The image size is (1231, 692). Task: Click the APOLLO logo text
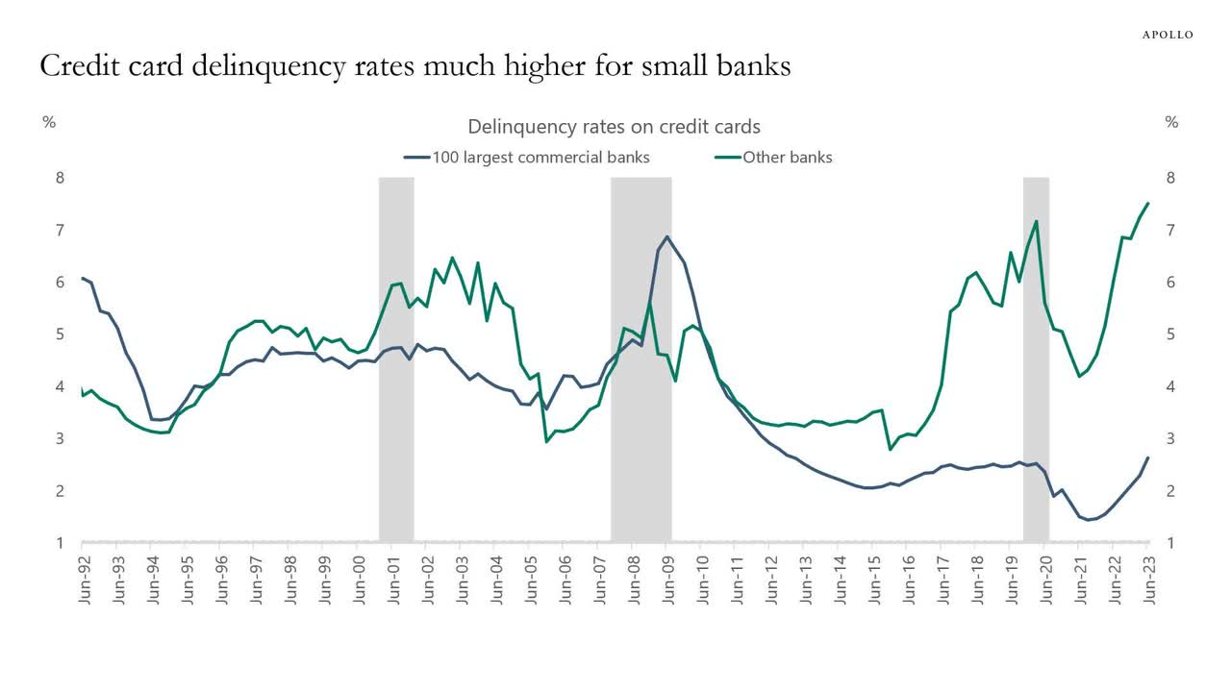(1168, 35)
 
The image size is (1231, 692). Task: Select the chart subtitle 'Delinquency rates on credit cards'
(615, 127)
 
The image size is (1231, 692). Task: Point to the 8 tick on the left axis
(60, 178)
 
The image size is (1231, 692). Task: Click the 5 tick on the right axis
(1170, 334)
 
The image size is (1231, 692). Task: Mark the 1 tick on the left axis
(60, 543)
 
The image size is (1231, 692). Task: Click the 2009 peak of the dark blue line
(667, 236)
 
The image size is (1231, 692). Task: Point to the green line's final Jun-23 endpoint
(1148, 203)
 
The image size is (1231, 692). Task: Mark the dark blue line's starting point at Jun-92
(83, 278)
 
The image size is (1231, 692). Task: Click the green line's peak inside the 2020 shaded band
(1036, 222)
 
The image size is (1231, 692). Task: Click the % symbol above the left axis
(48, 123)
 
